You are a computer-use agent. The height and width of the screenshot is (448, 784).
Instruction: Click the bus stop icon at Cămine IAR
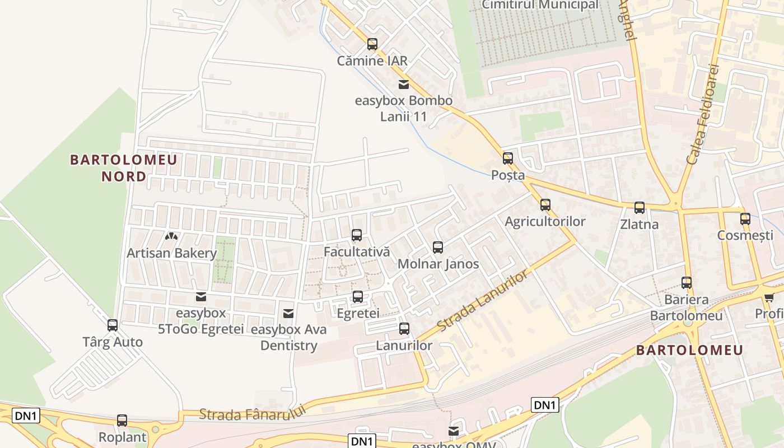372,44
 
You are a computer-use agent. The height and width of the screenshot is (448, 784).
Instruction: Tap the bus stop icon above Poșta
508,158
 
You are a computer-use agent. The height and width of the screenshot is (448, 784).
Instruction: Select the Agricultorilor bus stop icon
545,205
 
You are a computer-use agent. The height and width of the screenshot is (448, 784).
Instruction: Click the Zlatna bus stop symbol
640,208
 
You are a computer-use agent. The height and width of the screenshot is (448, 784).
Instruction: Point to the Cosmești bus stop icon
745,219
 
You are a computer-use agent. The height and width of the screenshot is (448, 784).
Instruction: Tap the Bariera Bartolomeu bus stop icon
687,283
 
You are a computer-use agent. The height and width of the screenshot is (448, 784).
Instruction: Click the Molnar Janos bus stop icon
438,247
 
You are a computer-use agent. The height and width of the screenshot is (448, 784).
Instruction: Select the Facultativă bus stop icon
357,235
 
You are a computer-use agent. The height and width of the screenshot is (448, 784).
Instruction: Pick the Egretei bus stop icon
358,297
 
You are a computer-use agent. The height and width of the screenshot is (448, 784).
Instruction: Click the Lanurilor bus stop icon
404,329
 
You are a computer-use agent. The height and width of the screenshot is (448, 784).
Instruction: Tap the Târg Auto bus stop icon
113,325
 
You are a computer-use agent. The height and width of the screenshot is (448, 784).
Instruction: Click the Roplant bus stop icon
122,421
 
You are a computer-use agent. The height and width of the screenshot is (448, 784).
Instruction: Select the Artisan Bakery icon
171,236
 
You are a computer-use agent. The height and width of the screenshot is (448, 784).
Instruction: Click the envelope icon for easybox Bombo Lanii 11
403,85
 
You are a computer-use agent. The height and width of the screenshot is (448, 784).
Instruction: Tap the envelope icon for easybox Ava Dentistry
288,313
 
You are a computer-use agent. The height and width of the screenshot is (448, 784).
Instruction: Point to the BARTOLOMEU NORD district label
123,168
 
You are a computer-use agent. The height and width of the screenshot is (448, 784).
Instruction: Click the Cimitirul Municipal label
540,5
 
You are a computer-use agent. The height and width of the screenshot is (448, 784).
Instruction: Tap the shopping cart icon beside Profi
769,297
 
